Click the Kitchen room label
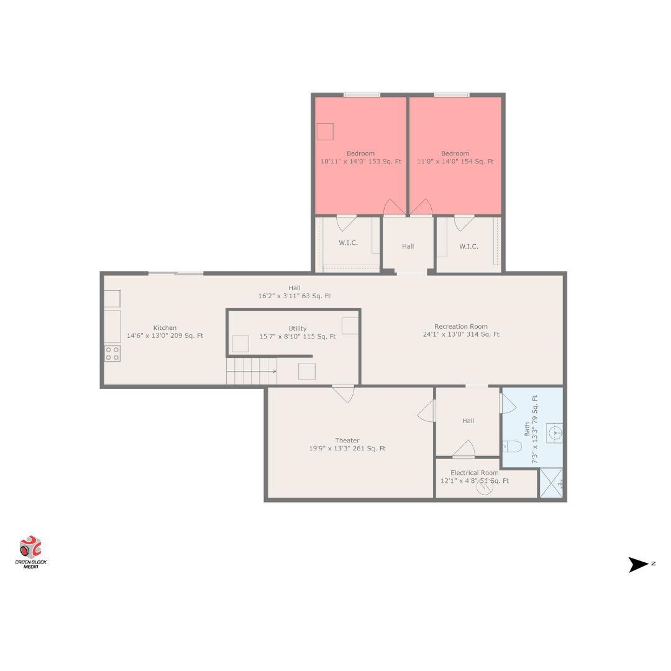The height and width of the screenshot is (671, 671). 165,328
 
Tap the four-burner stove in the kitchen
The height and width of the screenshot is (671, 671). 112,354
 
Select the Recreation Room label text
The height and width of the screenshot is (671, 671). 461,327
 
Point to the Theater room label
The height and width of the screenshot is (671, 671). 347,440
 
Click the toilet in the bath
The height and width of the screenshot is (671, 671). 512,446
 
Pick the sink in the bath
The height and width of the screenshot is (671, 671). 555,433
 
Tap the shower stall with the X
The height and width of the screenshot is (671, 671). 551,483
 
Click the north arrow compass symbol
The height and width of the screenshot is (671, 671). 639,564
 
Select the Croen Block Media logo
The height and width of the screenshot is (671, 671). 31,552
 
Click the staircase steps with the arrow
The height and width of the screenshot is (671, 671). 251,371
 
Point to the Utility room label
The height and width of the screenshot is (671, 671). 298,329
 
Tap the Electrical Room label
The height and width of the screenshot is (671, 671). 475,473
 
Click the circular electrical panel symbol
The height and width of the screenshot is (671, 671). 485,486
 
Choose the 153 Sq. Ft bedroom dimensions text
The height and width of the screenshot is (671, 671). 361,162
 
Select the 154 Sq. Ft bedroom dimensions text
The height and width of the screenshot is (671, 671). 455,162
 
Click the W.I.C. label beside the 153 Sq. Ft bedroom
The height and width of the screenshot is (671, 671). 349,243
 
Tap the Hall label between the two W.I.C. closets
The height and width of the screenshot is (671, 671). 408,247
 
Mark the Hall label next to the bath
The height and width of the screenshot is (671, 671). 468,421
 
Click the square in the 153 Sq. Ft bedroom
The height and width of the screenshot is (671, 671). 325,131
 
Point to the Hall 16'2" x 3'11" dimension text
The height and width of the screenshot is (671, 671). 294,296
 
